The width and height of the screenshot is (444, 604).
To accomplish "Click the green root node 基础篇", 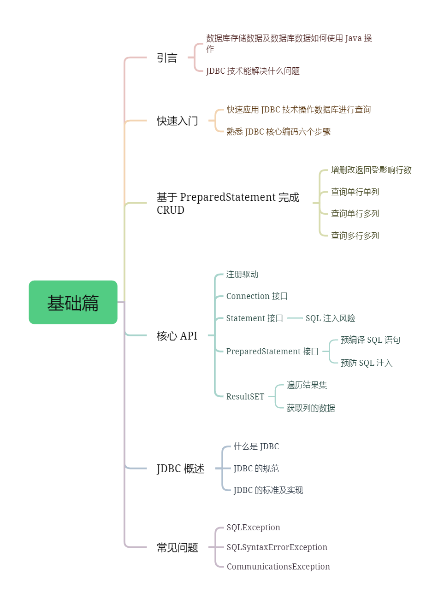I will [x=73, y=302].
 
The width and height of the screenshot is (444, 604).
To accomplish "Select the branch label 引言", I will [x=167, y=58].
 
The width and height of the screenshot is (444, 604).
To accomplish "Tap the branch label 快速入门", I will [x=177, y=121].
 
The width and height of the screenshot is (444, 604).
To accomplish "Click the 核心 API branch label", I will [x=177, y=336].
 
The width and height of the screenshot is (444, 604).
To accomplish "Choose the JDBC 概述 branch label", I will [x=180, y=469].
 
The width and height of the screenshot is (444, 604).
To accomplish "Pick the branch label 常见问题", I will [x=177, y=547].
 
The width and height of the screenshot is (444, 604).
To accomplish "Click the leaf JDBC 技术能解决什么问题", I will [x=253, y=71].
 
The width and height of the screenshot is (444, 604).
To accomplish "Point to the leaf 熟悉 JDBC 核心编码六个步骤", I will [x=278, y=132].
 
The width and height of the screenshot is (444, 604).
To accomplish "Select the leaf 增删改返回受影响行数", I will [x=371, y=170].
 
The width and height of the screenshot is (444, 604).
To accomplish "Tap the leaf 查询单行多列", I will [x=355, y=214].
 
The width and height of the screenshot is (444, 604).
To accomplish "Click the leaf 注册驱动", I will [x=242, y=275].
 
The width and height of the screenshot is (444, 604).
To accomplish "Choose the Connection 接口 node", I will [x=257, y=296].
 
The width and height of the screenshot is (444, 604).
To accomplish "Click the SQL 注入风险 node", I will [x=330, y=318].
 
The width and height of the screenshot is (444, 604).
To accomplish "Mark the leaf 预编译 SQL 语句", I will [x=370, y=340].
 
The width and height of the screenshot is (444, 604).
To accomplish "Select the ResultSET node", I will [x=245, y=397].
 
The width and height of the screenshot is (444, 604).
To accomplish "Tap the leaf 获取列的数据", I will [x=311, y=408].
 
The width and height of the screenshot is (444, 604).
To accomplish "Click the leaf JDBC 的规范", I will [x=256, y=469].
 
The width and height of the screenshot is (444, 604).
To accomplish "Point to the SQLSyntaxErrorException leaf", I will [x=277, y=547].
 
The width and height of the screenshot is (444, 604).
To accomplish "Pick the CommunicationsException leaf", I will [x=278, y=567].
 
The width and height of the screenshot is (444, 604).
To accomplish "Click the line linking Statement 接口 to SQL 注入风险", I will [x=295, y=318].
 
